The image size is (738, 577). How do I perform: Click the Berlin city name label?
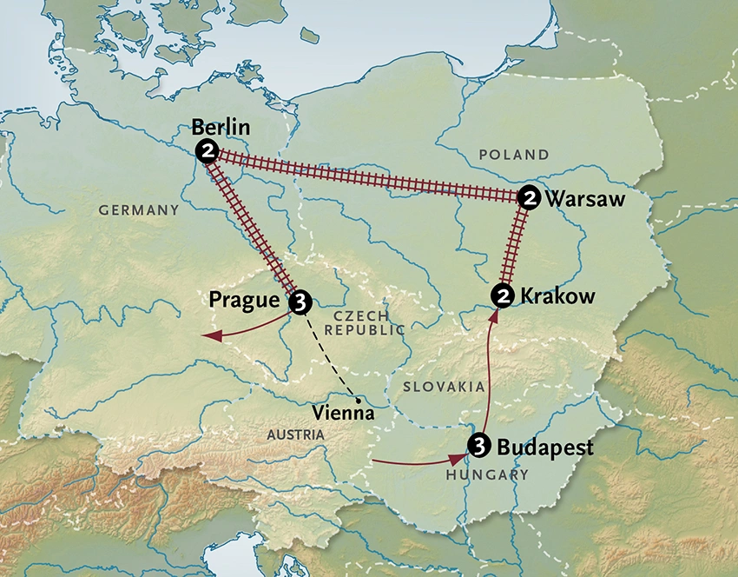(221, 129)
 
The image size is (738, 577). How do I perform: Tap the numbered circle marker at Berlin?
(207, 151)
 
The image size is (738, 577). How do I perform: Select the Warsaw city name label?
(585, 200)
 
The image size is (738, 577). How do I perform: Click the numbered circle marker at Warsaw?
(528, 199)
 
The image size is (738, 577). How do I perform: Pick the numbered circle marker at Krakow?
(503, 296)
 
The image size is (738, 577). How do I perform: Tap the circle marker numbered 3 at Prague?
(299, 302)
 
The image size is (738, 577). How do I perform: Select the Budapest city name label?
(545, 448)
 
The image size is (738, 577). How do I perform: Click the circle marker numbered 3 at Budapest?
(478, 446)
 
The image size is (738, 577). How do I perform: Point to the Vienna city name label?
(345, 414)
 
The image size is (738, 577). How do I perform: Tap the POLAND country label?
(513, 155)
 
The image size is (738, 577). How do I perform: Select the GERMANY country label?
(138, 210)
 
